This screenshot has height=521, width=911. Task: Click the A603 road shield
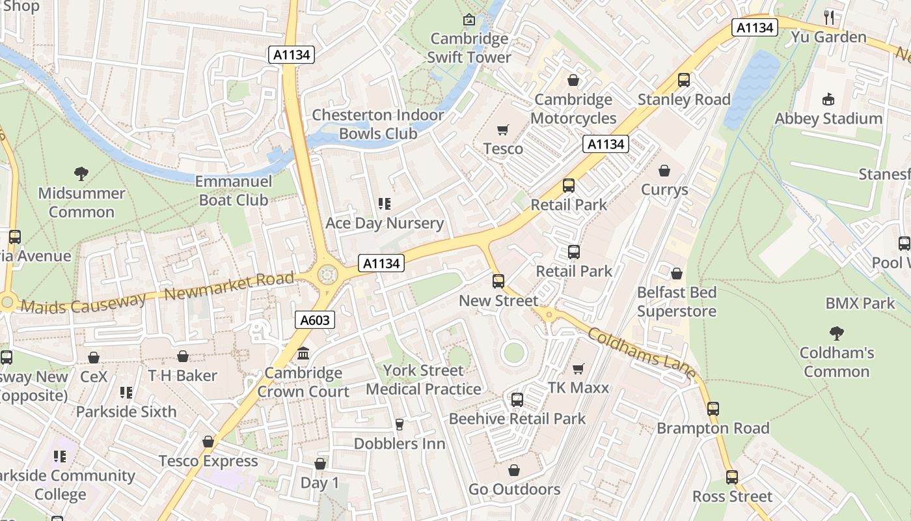pos(316,320)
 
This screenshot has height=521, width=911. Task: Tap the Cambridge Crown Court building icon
pos(303,354)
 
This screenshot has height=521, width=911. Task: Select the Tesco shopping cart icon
pos(502,130)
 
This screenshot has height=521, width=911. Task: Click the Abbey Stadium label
pos(828,119)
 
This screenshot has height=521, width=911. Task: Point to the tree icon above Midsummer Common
pos(81,173)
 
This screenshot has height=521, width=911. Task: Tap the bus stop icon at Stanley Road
pos(684,80)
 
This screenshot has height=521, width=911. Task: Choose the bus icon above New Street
pos(498,281)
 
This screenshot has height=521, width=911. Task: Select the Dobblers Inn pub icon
pos(400,425)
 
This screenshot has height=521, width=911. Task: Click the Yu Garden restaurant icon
pos(828,17)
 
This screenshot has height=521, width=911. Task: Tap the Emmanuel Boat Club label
pos(233,191)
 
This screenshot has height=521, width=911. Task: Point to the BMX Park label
pos(860,303)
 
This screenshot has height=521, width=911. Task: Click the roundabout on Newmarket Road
pos(327,275)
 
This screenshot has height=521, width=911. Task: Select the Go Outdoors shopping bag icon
pos(514,470)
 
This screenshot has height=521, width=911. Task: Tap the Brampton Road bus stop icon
pos(713,409)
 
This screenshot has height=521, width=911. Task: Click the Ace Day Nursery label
pos(384,223)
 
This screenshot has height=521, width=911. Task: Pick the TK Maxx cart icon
pos(578,369)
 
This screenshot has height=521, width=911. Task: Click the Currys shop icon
pos(664,171)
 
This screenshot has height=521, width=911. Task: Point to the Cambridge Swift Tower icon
pos(469,20)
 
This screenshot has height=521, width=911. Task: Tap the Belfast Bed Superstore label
pos(676,302)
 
